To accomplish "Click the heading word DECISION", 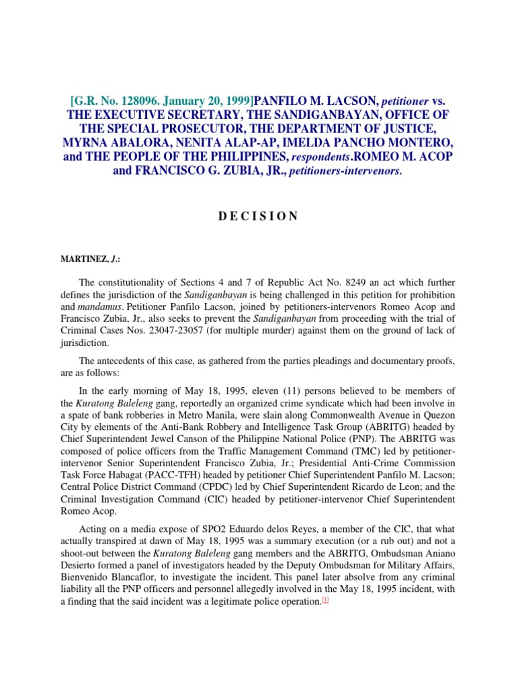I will pos(257,216).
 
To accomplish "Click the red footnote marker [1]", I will pos(325,601).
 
